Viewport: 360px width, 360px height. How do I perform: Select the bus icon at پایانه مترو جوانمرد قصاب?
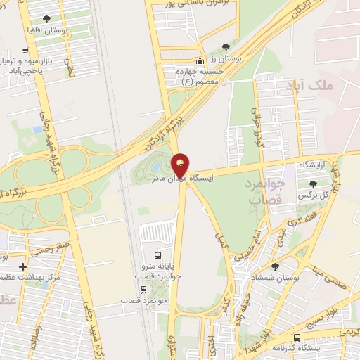tap(157, 255)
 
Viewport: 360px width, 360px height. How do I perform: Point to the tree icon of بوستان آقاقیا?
tap(47, 19)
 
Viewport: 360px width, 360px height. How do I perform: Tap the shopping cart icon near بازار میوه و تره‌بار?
tap(26, 50)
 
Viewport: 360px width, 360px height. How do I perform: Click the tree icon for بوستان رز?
tap(225, 47)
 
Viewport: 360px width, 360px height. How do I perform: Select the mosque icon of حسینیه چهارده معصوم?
tap(201, 60)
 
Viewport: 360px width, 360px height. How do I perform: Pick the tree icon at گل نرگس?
tap(313, 184)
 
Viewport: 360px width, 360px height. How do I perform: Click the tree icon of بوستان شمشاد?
tap(275, 266)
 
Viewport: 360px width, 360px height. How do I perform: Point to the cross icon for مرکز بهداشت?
tap(24, 267)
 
